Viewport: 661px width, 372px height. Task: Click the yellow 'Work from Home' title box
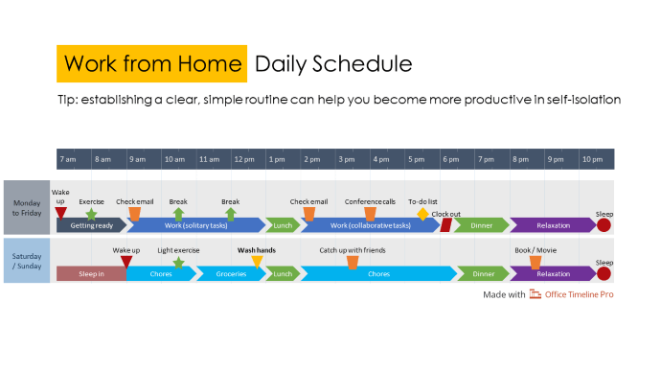151,64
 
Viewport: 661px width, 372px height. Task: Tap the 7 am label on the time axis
66,159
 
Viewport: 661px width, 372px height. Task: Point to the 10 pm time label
591,159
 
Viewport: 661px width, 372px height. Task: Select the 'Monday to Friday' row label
27,207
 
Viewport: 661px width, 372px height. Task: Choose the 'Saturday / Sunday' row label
27,261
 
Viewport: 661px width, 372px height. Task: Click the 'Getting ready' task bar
91,225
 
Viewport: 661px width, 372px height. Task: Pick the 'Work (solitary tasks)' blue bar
195,225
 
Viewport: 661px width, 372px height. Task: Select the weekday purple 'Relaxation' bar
553,225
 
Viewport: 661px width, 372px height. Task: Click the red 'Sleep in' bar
90,273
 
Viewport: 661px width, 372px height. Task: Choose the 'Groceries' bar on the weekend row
231,273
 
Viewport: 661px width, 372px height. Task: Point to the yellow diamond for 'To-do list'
422,214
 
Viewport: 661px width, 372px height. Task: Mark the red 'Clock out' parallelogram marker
445,225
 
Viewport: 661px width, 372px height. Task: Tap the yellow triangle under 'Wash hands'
257,262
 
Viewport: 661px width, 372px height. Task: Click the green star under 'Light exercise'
178,262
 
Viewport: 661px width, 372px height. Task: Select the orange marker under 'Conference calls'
370,214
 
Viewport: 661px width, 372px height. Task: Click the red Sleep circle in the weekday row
604,225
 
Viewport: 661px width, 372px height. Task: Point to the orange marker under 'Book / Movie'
536,262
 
